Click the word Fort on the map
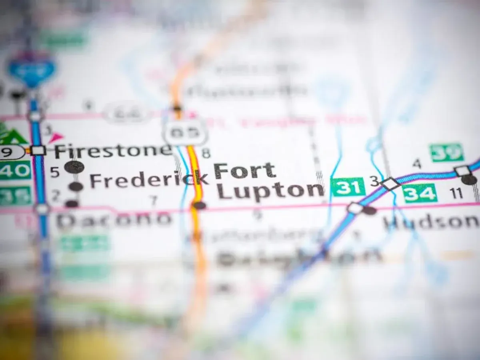244,171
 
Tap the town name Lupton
270,190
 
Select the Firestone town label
113,151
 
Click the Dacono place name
114,220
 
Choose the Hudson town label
431,222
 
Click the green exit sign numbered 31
348,187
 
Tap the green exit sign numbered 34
420,194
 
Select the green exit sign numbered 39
446,152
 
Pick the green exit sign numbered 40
15,170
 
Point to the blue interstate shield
32,69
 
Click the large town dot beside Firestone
74,167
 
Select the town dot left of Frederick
76,186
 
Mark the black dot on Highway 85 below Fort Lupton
199,206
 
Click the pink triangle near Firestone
55,138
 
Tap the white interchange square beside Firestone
38,150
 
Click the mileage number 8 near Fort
206,153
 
